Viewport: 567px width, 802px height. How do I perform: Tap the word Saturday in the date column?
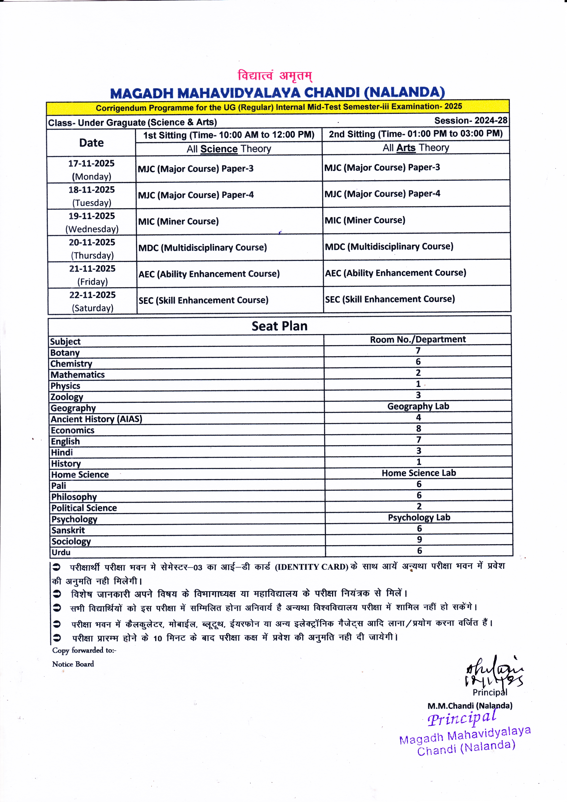pos(93,308)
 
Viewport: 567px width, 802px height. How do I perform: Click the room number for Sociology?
pos(419,540)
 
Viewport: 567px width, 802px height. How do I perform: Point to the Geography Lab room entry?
pos(418,406)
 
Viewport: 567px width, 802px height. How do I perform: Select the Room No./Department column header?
pos(418,340)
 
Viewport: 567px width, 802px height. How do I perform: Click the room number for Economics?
pos(419,429)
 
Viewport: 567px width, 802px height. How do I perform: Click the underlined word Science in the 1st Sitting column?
pos(219,149)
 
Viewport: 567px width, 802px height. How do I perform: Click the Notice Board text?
pos(73,664)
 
